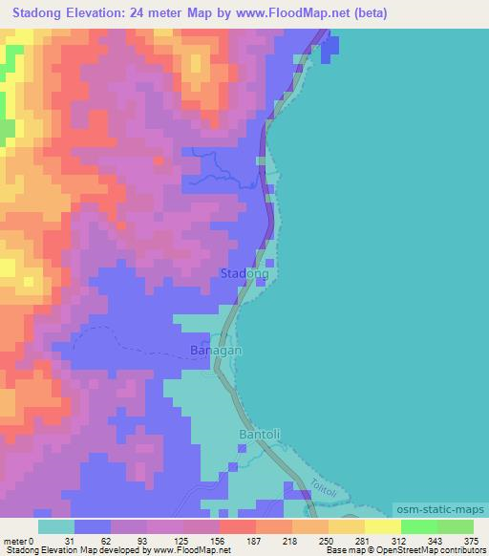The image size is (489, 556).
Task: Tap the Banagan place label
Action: click(x=216, y=350)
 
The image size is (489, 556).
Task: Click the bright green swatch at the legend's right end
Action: click(x=456, y=525)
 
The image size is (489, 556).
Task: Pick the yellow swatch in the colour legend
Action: click(x=382, y=525)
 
